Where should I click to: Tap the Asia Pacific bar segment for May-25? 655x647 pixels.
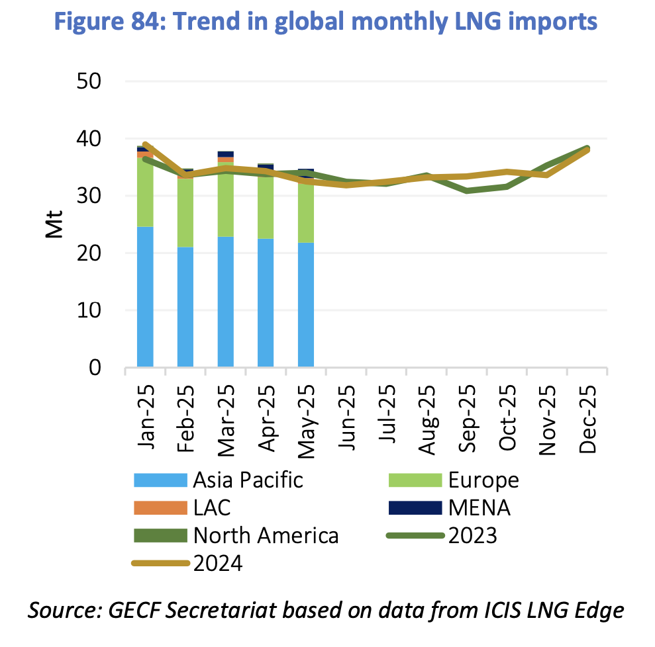[306, 304]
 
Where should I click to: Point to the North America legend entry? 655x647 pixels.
[266, 535]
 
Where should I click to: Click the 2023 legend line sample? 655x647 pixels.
[414, 535]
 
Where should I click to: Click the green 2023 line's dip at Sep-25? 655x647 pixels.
[468, 191]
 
